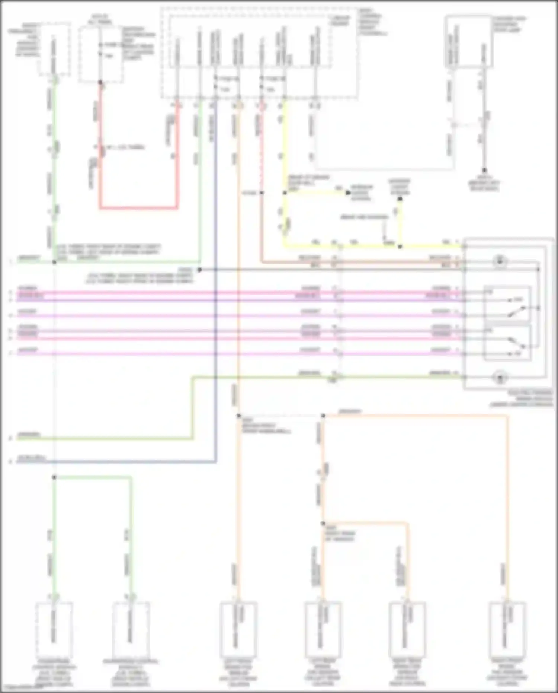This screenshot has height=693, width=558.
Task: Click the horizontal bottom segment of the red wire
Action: [138, 208]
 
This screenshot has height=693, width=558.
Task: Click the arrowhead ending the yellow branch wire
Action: [348, 193]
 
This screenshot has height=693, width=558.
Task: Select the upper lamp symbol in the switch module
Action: [500, 261]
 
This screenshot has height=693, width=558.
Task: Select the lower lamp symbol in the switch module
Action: [500, 378]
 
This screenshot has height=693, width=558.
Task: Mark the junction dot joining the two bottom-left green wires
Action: [54, 477]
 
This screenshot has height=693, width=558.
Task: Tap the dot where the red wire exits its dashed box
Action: [100, 82]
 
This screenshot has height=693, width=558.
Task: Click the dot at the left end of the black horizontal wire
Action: [199, 270]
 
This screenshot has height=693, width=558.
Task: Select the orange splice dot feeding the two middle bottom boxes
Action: [323, 523]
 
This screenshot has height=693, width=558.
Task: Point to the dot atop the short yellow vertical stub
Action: [400, 199]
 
